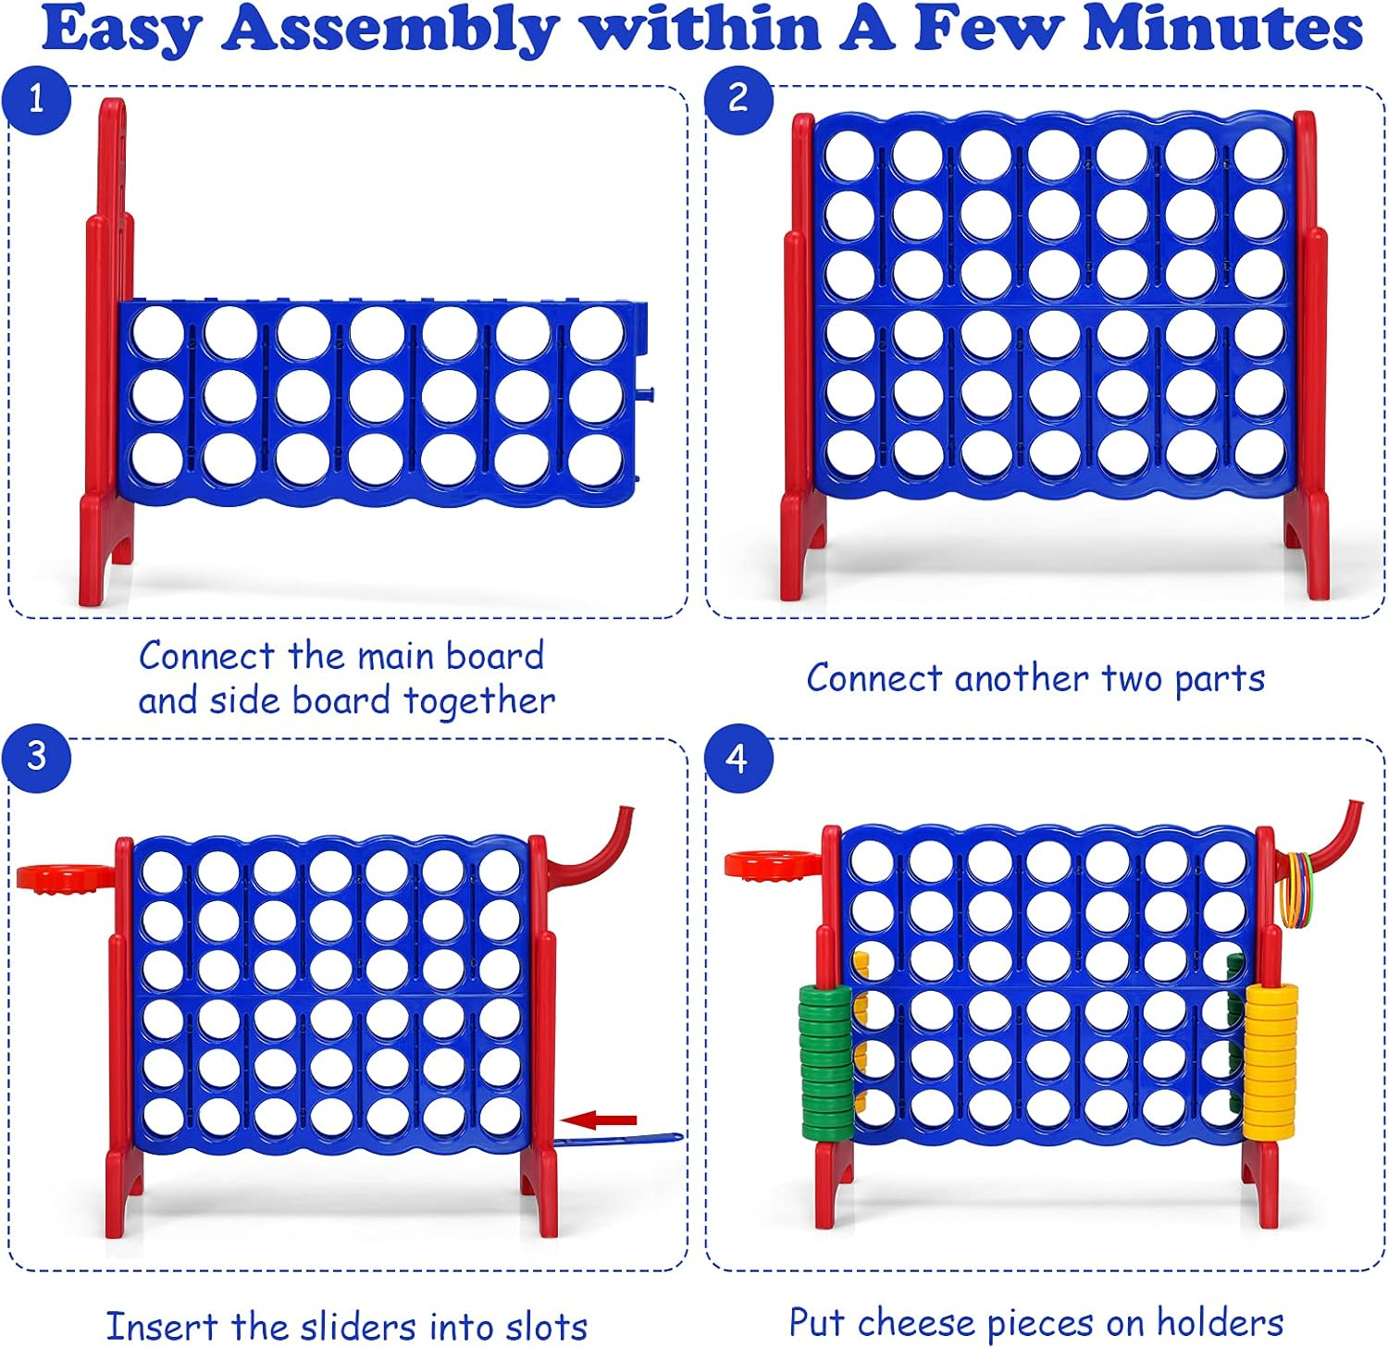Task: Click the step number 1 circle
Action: point(36,98)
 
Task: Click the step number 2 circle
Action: point(737,98)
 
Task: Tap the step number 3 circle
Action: point(36,756)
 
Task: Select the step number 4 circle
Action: point(737,758)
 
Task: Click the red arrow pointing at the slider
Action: point(600,1120)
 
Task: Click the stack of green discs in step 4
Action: point(825,1060)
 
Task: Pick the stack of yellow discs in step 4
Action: point(1270,1060)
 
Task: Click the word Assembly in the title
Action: point(390,30)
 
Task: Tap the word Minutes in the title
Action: point(1222,30)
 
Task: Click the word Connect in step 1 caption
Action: point(207,656)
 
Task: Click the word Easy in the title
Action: point(121,31)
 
